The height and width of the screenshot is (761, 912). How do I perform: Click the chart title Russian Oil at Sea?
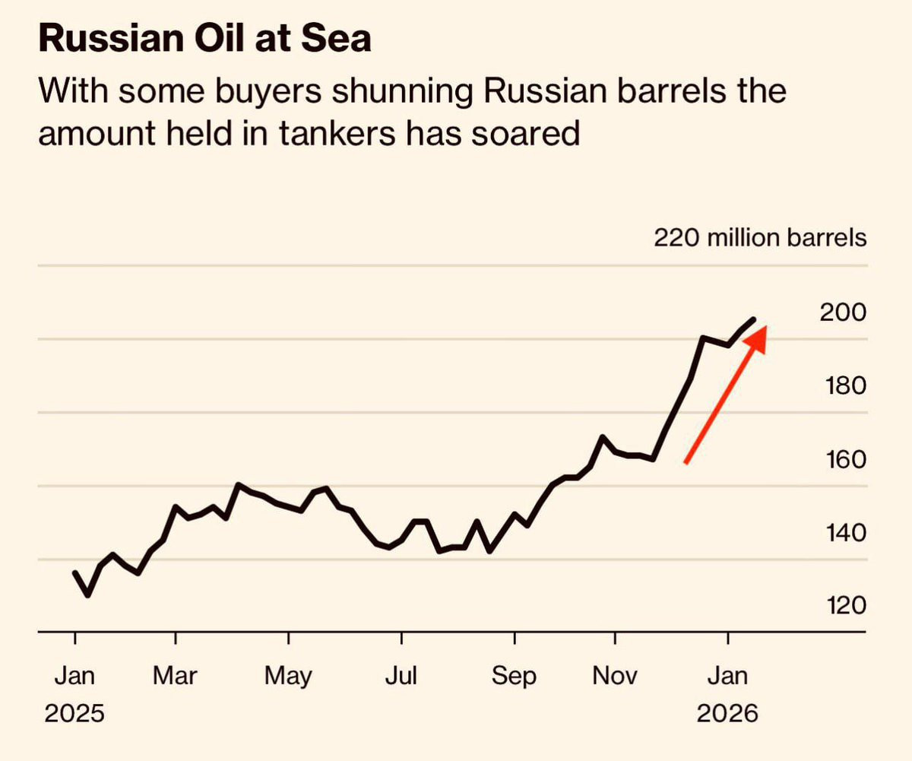[205, 40]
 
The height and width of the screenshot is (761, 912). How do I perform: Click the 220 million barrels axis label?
[759, 238]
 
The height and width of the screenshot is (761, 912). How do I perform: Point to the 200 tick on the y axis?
[843, 312]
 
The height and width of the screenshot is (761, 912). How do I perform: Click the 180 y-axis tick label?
[843, 385]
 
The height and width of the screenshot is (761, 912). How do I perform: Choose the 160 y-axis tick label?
[843, 459]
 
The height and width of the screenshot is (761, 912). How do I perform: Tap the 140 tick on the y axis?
[843, 532]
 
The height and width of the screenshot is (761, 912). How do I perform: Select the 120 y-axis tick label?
[843, 605]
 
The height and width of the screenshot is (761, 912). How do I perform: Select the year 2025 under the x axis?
[74, 715]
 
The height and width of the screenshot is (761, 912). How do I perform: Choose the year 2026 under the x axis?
[728, 715]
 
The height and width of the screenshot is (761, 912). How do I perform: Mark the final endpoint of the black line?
[754, 319]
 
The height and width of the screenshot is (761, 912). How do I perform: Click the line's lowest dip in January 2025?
[87, 595]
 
